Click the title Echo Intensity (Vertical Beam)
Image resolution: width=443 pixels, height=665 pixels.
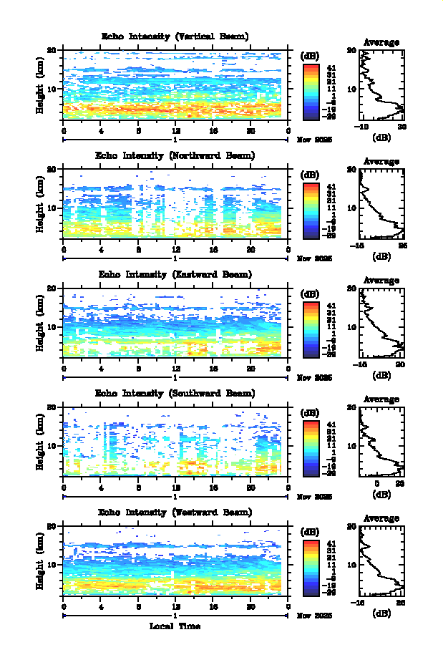coord(175,37)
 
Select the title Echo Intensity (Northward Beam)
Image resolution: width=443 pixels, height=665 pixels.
coord(175,155)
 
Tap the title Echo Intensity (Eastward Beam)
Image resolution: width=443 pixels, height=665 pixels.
coord(175,274)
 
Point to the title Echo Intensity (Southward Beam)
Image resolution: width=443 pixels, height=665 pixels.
coord(175,394)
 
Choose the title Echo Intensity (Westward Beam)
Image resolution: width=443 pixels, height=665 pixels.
coord(175,513)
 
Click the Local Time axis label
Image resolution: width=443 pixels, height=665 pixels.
coord(175,626)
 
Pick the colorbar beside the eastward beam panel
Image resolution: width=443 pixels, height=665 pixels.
coord(311,329)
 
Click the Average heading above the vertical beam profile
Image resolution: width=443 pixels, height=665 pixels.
coord(381,42)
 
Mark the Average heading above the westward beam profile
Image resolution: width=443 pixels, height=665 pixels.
coord(381,519)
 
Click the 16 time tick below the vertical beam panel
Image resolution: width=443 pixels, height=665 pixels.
coord(213,130)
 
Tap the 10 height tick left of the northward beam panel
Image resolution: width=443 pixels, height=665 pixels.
coord(52,208)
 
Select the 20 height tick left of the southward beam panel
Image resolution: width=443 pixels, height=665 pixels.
coord(52,407)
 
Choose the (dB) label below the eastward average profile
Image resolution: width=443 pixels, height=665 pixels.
coord(381,374)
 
